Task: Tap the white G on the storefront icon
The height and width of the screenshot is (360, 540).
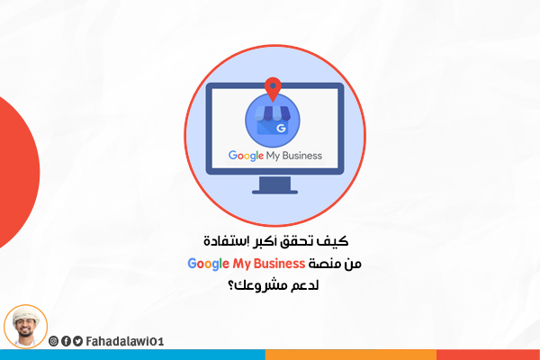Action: click(x=281, y=128)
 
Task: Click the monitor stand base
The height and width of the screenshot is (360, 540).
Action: click(x=274, y=192)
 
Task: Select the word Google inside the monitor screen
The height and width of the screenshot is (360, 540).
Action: click(x=246, y=156)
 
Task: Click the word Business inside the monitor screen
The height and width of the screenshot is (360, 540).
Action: click(x=302, y=156)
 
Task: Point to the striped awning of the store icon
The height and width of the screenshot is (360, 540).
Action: click(x=273, y=113)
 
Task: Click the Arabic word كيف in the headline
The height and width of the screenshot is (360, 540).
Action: click(x=337, y=240)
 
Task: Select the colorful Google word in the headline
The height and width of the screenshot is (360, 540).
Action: click(x=208, y=264)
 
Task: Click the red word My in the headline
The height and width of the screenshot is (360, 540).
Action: click(x=242, y=265)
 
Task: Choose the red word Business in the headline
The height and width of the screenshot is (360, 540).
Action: click(x=279, y=264)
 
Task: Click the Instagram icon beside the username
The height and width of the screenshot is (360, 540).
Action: click(x=53, y=341)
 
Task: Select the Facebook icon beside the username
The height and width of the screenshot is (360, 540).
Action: click(x=66, y=341)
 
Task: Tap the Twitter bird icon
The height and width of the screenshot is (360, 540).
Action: click(x=77, y=341)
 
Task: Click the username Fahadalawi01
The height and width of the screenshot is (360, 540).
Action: click(x=125, y=341)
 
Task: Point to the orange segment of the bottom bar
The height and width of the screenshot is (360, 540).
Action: click(x=351, y=355)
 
